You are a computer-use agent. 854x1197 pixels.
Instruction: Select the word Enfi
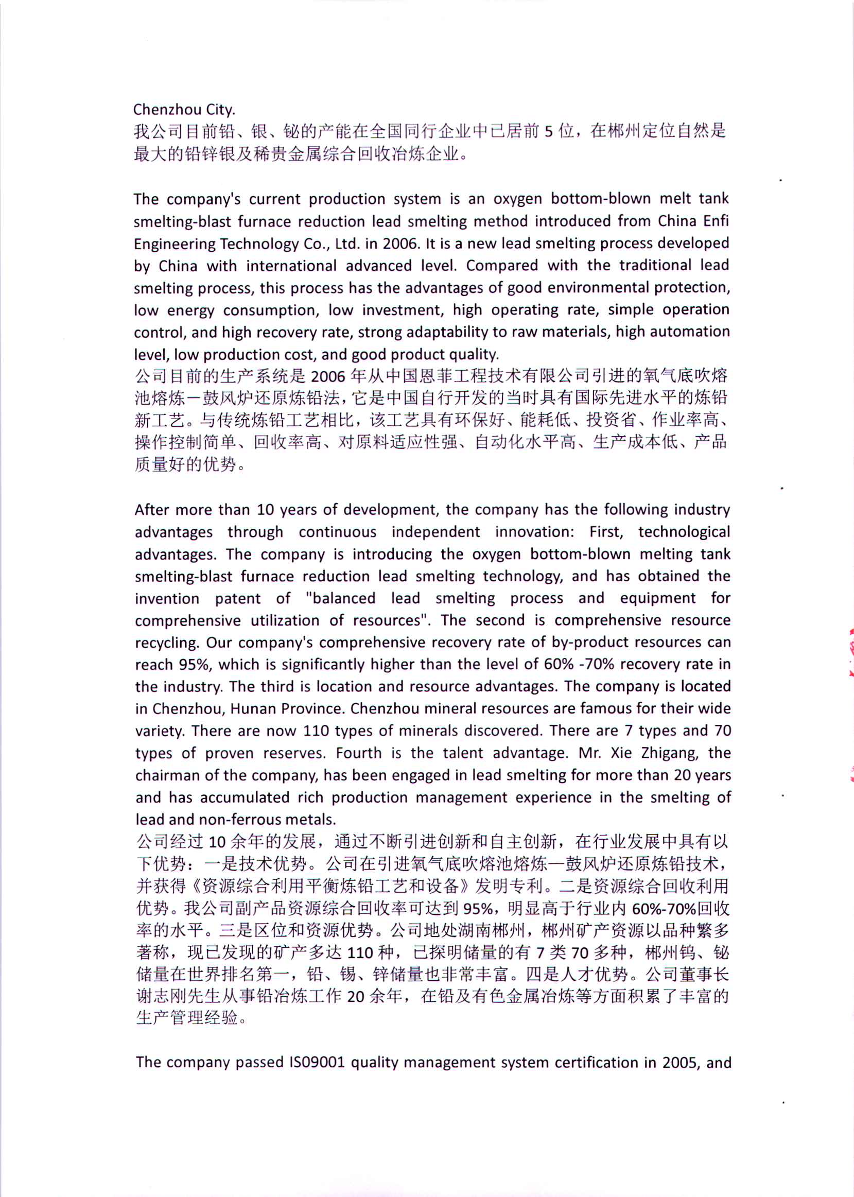tap(716, 221)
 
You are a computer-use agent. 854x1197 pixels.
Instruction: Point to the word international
tap(291, 266)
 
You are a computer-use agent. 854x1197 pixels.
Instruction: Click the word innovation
tap(534, 532)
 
